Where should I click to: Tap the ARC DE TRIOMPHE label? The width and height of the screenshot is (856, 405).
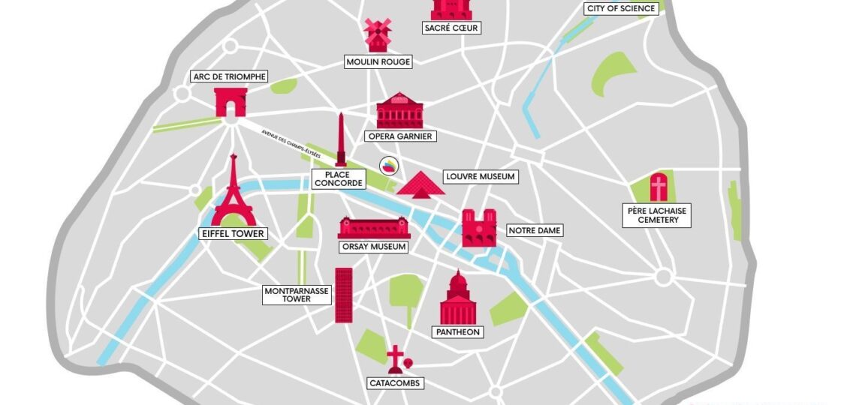click(230, 76)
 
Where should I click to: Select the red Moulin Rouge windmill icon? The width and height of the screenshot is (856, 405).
click(377, 34)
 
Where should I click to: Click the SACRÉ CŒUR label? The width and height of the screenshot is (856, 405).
click(451, 28)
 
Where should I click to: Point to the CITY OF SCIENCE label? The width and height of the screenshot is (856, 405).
click(622, 8)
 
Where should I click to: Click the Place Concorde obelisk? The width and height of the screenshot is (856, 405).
click(341, 140)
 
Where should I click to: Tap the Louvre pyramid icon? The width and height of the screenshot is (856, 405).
click(420, 184)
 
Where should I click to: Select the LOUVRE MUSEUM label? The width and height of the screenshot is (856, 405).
click(480, 177)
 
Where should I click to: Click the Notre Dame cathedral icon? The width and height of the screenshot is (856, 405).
click(478, 228)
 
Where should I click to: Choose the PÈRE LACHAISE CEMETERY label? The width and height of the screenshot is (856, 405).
click(658, 215)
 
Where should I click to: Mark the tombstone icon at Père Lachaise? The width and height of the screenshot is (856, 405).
click(659, 187)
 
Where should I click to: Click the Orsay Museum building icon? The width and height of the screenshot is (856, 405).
click(374, 228)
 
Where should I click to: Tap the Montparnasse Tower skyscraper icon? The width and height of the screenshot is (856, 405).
click(343, 295)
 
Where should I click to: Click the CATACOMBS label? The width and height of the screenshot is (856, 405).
click(396, 383)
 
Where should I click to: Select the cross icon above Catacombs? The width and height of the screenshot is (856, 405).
click(395, 359)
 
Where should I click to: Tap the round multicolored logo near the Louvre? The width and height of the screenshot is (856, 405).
click(389, 166)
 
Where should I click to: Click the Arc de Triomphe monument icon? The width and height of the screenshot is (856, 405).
click(231, 102)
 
